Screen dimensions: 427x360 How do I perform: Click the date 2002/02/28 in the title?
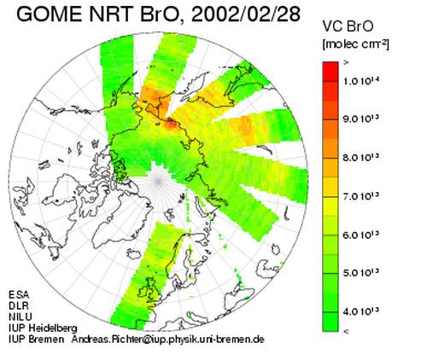click(246, 14)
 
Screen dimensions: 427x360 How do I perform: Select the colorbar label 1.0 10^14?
click(361, 81)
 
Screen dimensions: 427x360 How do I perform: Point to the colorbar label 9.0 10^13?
click(361, 119)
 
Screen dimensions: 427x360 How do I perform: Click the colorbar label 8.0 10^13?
click(361, 157)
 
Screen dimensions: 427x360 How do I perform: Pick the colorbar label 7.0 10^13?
click(361, 196)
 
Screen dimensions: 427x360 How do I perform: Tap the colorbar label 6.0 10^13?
click(361, 235)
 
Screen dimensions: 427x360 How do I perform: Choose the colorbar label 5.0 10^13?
click(361, 273)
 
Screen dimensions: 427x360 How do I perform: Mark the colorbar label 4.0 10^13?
click(361, 311)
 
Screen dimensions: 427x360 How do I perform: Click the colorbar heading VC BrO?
click(348, 26)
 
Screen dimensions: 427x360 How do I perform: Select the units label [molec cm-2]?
click(355, 44)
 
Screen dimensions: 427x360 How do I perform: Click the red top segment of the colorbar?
click(330, 72)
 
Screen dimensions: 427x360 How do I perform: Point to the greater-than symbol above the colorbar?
click(346, 63)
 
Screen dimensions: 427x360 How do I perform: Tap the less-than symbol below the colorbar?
click(346, 331)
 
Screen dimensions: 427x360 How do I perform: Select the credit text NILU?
click(20, 316)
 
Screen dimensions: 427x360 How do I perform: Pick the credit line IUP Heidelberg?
click(43, 328)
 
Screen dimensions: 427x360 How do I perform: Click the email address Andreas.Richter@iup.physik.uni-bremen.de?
click(167, 340)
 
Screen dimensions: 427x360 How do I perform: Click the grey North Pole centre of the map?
click(159, 181)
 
